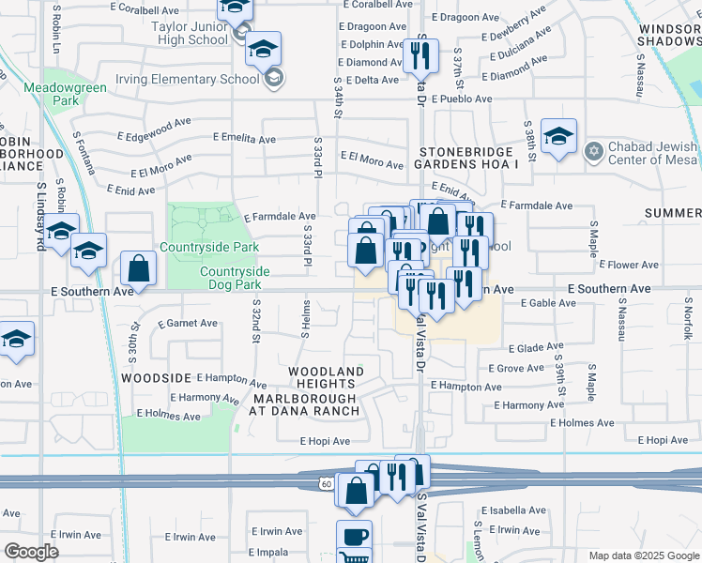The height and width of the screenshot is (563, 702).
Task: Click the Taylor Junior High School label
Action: tap(190, 34)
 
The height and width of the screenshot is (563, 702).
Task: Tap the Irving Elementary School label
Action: tap(187, 79)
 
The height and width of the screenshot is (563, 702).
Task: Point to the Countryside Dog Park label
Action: tap(235, 278)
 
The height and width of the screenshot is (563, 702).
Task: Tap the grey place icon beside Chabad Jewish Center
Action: tap(593, 151)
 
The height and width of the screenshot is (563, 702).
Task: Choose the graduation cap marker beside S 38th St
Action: tap(558, 137)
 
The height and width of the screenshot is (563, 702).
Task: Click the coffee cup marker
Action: tap(354, 537)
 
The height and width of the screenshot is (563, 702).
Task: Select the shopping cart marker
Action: tap(354, 557)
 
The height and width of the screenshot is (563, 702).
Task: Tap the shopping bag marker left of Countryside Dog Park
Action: tap(138, 268)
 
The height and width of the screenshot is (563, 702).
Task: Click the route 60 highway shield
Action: tap(325, 482)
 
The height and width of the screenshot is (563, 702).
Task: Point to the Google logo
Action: tap(31, 551)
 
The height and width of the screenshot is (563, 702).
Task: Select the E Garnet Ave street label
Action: tap(188, 323)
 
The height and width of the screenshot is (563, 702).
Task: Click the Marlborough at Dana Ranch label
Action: tap(306, 404)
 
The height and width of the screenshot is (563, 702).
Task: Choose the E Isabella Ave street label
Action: tap(512, 510)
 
